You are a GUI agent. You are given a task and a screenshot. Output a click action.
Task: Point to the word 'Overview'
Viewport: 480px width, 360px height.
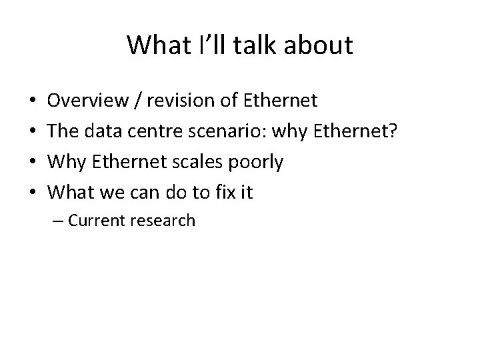(89, 101)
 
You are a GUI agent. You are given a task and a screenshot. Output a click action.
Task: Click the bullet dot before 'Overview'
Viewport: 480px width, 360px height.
(34, 101)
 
